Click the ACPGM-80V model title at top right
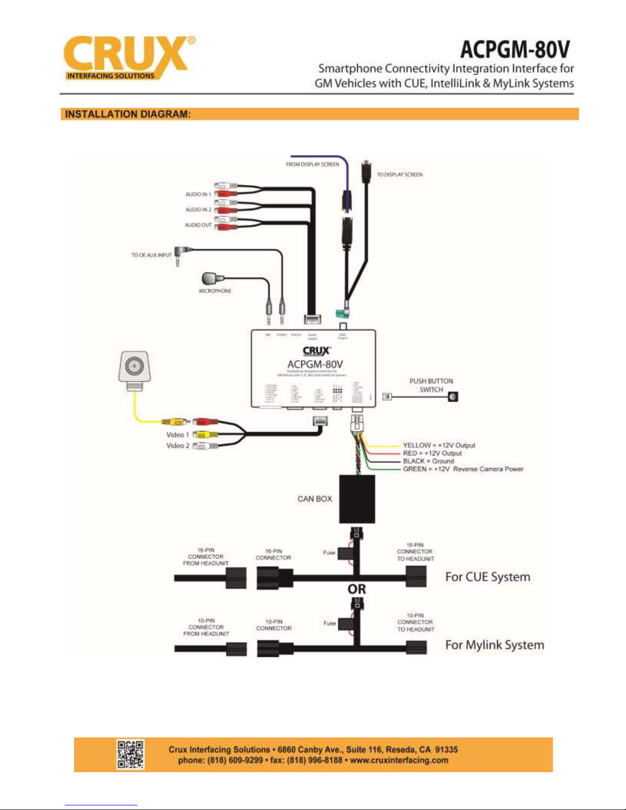[515, 50]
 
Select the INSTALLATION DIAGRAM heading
[128, 114]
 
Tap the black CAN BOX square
[357, 499]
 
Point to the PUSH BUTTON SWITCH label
[431, 385]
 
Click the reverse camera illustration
[134, 368]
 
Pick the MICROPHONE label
[215, 291]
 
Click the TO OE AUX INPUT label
[151, 255]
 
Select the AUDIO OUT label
[198, 225]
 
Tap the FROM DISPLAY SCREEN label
[312, 165]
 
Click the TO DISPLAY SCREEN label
[400, 175]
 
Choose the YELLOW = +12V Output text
[438, 445]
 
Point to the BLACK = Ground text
[428, 461]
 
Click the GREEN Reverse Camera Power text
[462, 469]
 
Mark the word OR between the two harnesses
[357, 589]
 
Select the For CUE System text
[488, 577]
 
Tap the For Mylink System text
[494, 645]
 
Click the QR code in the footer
[130, 754]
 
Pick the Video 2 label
[177, 446]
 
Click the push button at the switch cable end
[453, 397]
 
